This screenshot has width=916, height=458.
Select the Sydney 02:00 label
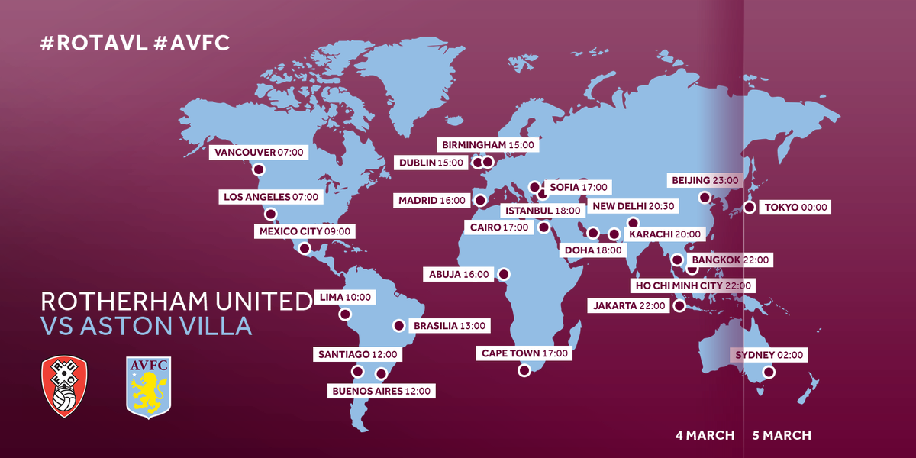coord(770,355)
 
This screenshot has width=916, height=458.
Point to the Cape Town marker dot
coord(524,370)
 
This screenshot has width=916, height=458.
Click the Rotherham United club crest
coord(65,387)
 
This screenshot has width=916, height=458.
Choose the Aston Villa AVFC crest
coord(148,387)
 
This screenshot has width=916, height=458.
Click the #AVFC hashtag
coord(192,44)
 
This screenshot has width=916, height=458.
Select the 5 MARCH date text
coord(782,435)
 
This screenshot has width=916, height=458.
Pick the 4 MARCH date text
coord(705,435)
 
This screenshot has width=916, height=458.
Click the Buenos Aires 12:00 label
coord(381,391)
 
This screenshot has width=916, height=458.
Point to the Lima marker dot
coord(345,314)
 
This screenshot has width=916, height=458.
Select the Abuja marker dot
coord(503,273)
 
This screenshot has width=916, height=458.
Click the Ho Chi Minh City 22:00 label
coord(693,286)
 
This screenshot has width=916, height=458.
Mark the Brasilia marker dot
coord(398,326)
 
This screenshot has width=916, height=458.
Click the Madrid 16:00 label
coord(431,201)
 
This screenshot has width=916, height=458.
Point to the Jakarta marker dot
coord(679,306)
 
